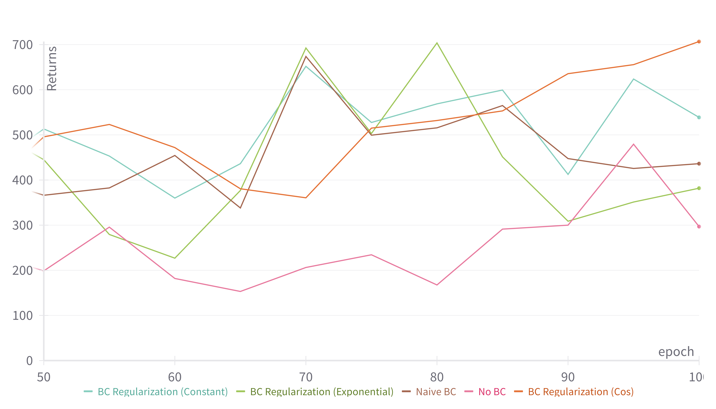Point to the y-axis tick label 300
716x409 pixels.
point(22,225)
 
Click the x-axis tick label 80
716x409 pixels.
point(437,377)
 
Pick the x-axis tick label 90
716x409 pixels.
point(568,377)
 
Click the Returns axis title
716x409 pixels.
point(52,68)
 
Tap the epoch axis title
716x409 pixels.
point(676,352)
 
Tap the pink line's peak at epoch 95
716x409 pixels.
point(634,144)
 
